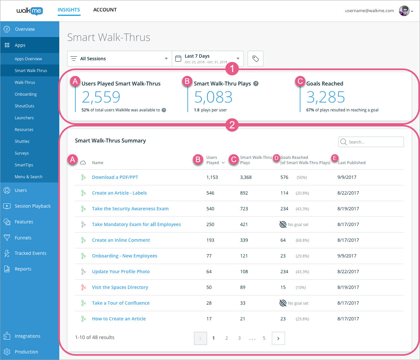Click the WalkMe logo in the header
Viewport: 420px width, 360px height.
[29, 11]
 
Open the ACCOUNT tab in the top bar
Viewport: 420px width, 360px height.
[105, 10]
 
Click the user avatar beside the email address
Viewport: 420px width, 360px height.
[404, 11]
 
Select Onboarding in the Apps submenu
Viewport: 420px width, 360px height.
[26, 94]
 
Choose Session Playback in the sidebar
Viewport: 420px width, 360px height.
[32, 206]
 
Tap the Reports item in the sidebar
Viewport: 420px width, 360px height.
[23, 269]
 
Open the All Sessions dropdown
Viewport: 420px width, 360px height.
[119, 59]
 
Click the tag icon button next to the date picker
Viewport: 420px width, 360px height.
[256, 59]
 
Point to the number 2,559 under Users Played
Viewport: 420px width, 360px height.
[101, 97]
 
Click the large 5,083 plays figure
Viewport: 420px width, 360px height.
[213, 97]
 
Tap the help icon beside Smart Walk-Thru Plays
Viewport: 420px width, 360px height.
[256, 84]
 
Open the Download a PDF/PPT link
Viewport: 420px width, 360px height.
[115, 177]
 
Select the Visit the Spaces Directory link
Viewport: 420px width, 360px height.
[120, 287]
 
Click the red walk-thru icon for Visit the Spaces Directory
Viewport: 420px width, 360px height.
[83, 287]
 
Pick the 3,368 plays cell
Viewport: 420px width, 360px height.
[246, 177]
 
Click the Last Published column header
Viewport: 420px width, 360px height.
[352, 162]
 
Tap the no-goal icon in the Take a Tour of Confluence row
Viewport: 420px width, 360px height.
[283, 303]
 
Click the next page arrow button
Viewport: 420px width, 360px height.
[278, 338]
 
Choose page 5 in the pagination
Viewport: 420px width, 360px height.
[264, 338]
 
